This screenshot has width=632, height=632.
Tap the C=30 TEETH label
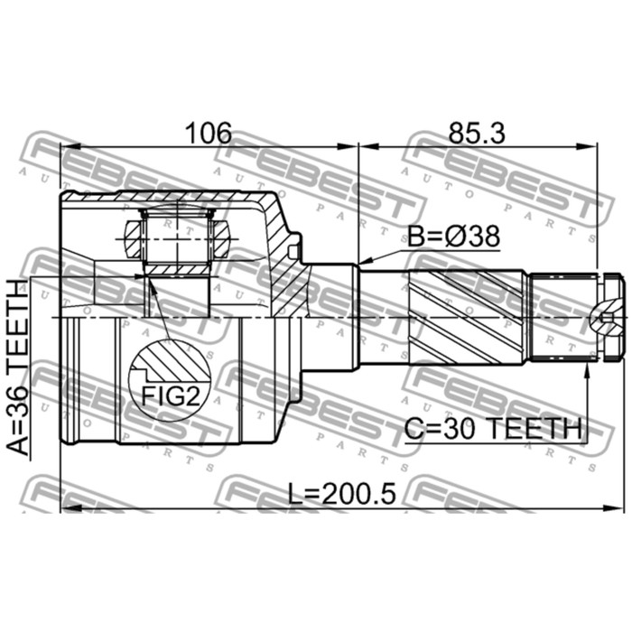(492, 429)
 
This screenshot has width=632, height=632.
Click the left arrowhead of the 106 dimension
(65, 144)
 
